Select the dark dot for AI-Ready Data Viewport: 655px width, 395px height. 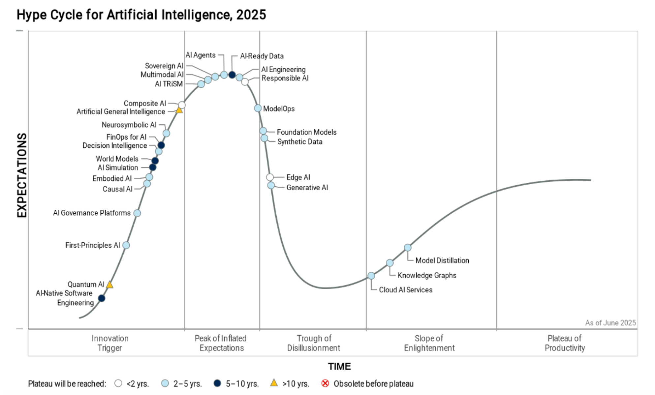tap(232, 75)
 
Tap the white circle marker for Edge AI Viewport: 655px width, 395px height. tap(270, 177)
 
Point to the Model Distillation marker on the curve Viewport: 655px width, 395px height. tap(408, 248)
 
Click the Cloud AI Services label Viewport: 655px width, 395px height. tap(405, 290)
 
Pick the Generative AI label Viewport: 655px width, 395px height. tap(307, 188)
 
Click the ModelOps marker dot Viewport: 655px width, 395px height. tap(258, 108)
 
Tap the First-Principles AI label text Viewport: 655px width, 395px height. tap(93, 245)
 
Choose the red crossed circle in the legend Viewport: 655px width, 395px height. tap(325, 383)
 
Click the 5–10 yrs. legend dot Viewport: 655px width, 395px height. tap(217, 383)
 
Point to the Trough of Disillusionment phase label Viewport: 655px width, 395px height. tap(313, 343)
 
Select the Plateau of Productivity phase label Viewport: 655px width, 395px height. tap(565, 343)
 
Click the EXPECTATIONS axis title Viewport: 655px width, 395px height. tap(22, 175)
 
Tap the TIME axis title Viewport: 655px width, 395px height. tap(339, 366)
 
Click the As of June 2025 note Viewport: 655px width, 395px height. tap(610, 323)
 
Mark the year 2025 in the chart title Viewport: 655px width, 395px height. tap(251, 15)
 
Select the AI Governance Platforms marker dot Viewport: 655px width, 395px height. tap(137, 213)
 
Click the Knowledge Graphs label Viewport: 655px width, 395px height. tap(427, 275)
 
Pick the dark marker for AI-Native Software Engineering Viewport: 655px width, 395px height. tap(102, 298)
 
